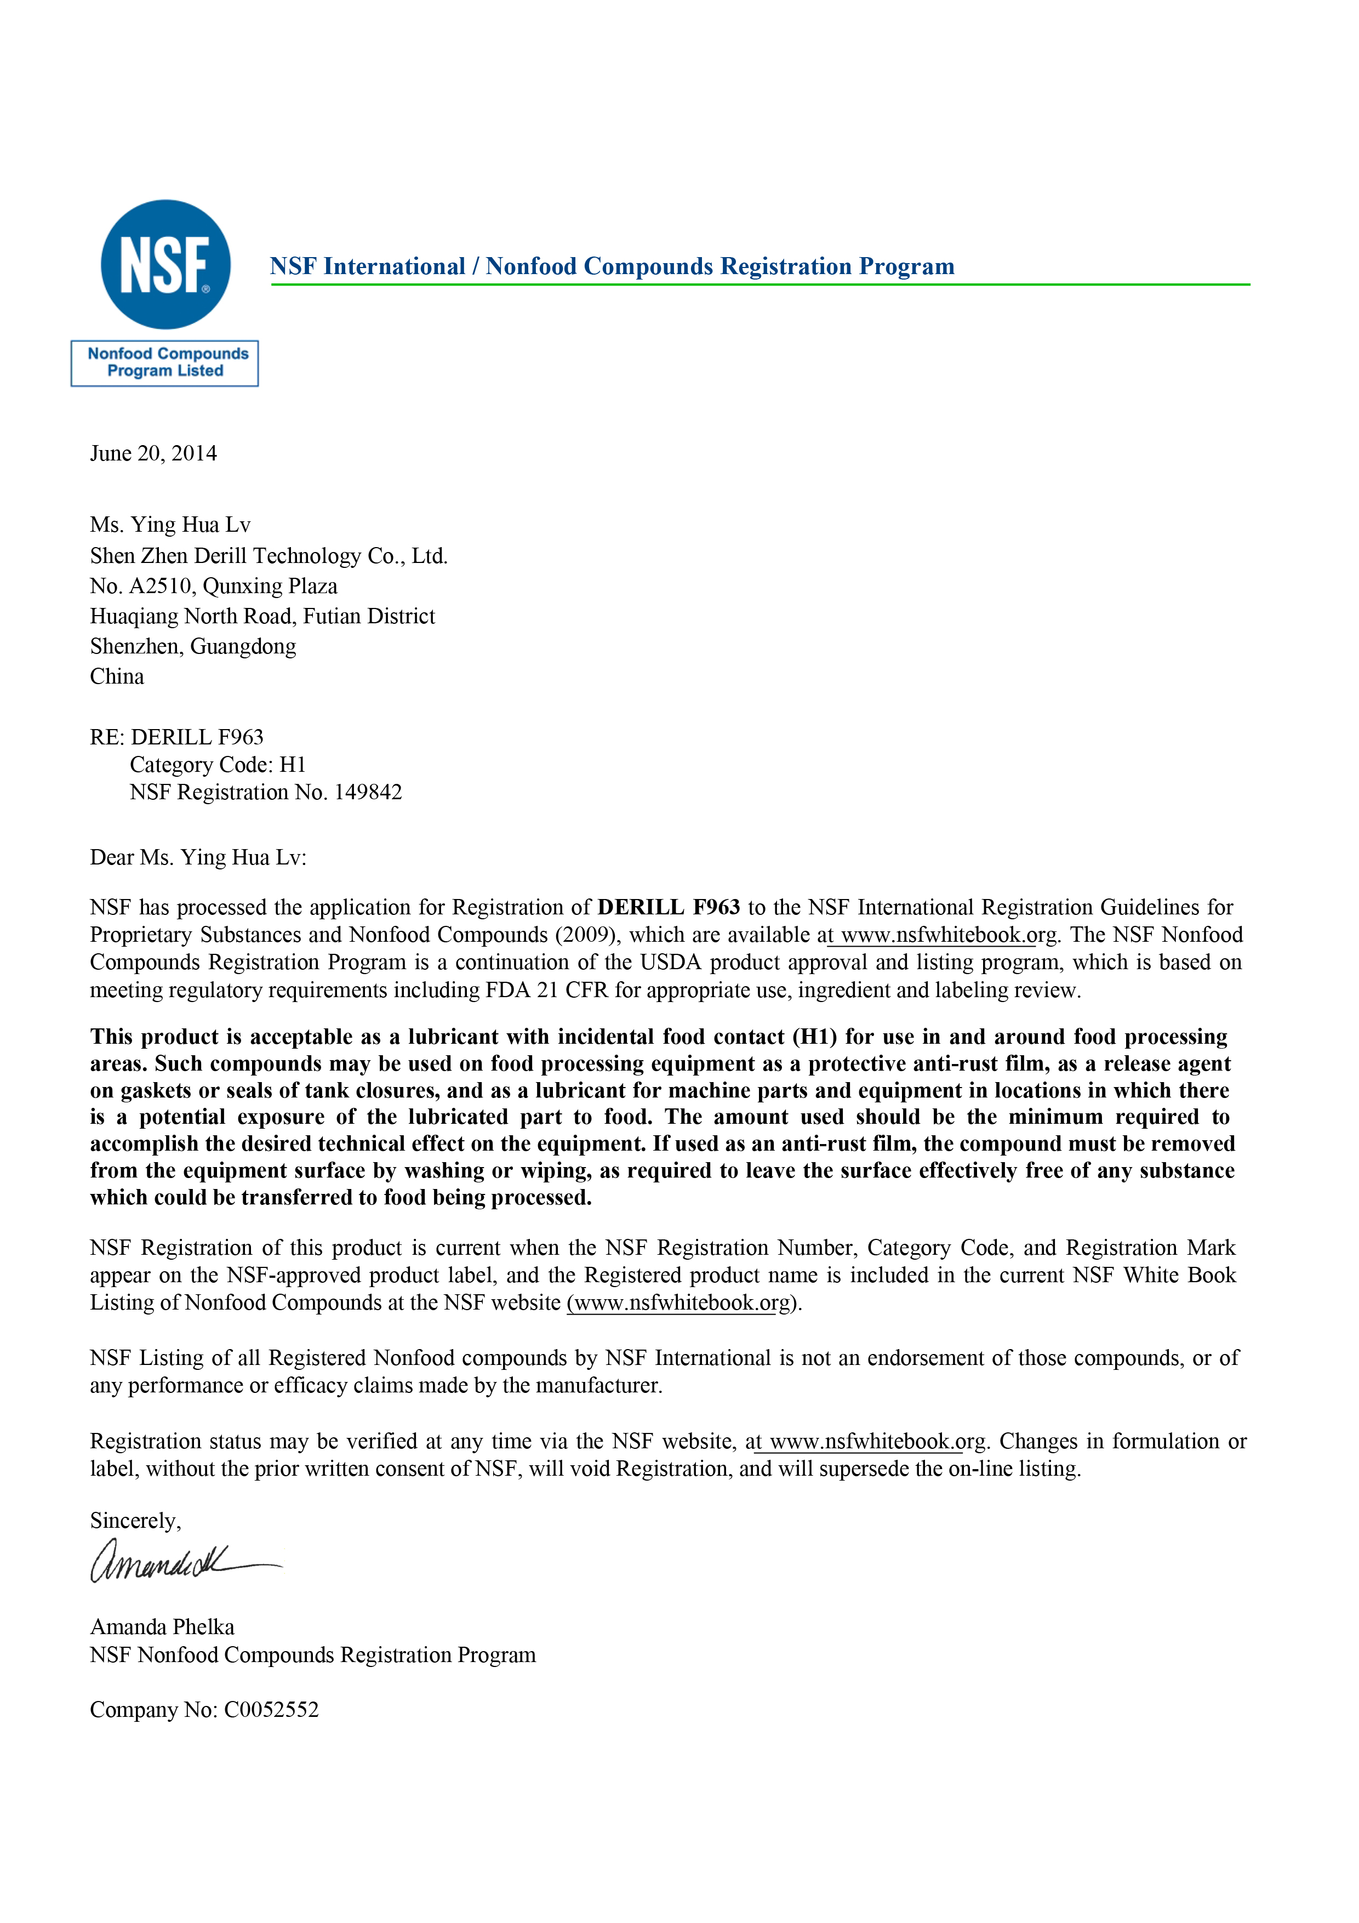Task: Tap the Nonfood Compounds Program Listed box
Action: coord(165,363)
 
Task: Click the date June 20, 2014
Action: coord(153,453)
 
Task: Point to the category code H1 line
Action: coord(218,765)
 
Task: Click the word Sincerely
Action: coord(135,1520)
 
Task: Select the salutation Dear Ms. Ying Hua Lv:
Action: coord(198,858)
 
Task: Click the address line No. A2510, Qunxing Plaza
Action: coord(214,587)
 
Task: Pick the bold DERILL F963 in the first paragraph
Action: coord(668,908)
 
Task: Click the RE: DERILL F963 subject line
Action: coord(176,737)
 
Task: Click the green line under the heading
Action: coord(760,285)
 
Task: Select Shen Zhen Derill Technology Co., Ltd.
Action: coord(269,556)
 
